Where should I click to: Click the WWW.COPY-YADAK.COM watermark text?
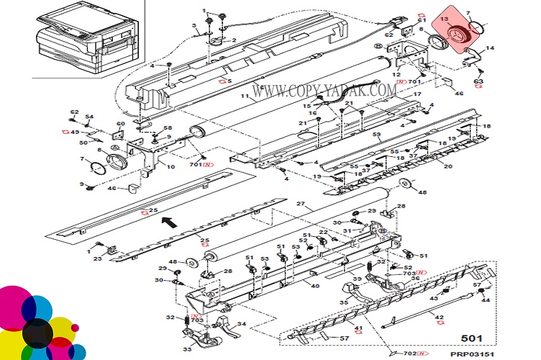[324, 90]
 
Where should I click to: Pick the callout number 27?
[301, 203]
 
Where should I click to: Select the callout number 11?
[245, 96]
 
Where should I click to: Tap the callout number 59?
[375, 134]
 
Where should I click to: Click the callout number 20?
[448, 166]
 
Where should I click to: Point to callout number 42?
[440, 317]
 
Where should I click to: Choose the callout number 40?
[315, 286]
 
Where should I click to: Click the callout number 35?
[344, 303]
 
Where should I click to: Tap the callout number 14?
[491, 48]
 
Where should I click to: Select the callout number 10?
[171, 166]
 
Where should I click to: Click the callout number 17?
[417, 94]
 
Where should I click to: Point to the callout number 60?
[121, 124]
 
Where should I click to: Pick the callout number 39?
[356, 279]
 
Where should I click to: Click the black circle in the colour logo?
[37, 332]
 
